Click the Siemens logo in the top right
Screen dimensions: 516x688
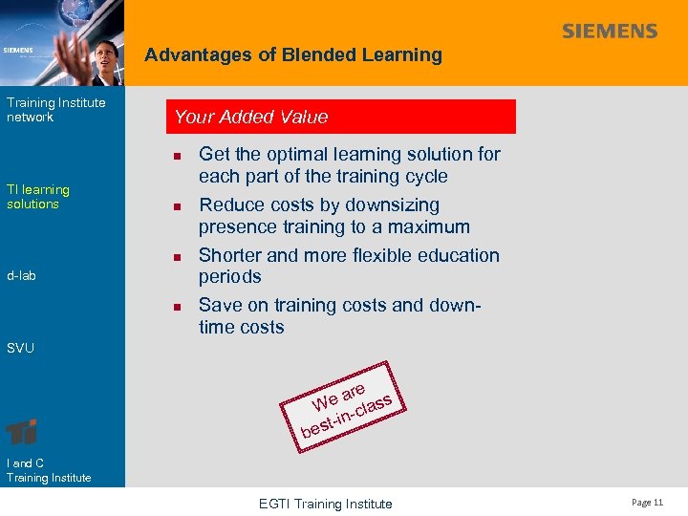(610, 32)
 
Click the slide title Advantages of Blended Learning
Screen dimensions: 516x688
(293, 55)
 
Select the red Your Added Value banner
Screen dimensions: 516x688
(341, 117)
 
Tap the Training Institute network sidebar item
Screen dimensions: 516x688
(55, 110)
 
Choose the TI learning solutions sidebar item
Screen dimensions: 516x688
(38, 197)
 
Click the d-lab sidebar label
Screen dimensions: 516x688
(21, 276)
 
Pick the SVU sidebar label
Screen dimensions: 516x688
(20, 348)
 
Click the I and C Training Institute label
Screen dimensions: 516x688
(48, 470)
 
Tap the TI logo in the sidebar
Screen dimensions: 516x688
(22, 431)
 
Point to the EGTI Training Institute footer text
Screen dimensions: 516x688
(327, 504)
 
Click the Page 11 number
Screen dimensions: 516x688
(646, 503)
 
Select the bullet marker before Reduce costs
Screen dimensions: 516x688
(177, 206)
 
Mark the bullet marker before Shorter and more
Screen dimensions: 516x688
(177, 257)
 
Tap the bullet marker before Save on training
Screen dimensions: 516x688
(177, 307)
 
